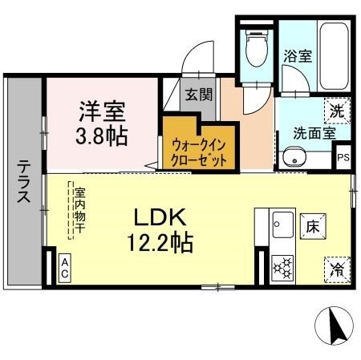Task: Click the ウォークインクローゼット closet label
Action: [x=200, y=152]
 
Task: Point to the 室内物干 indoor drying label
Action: [x=79, y=210]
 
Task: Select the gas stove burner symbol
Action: [x=282, y=267]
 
